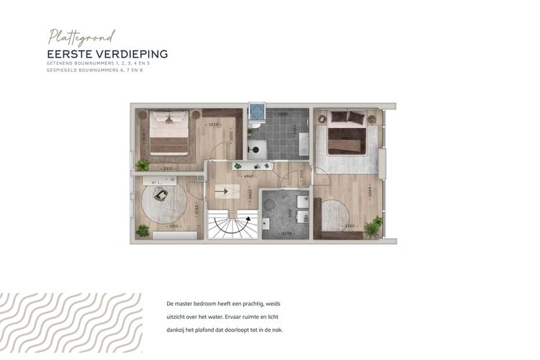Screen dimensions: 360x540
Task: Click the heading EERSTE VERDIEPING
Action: point(107,54)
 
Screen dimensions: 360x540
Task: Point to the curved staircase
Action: point(232,224)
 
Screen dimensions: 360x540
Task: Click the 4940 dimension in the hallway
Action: point(248,175)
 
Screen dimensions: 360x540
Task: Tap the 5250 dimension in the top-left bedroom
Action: point(214,125)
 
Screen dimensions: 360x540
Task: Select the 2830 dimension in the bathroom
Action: point(282,114)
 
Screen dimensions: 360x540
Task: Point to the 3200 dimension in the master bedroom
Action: point(351,225)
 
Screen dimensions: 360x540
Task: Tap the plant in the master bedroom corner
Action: point(373,228)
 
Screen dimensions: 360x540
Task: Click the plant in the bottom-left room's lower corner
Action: point(143,230)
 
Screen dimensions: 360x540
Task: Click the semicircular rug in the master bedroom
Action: point(333,215)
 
